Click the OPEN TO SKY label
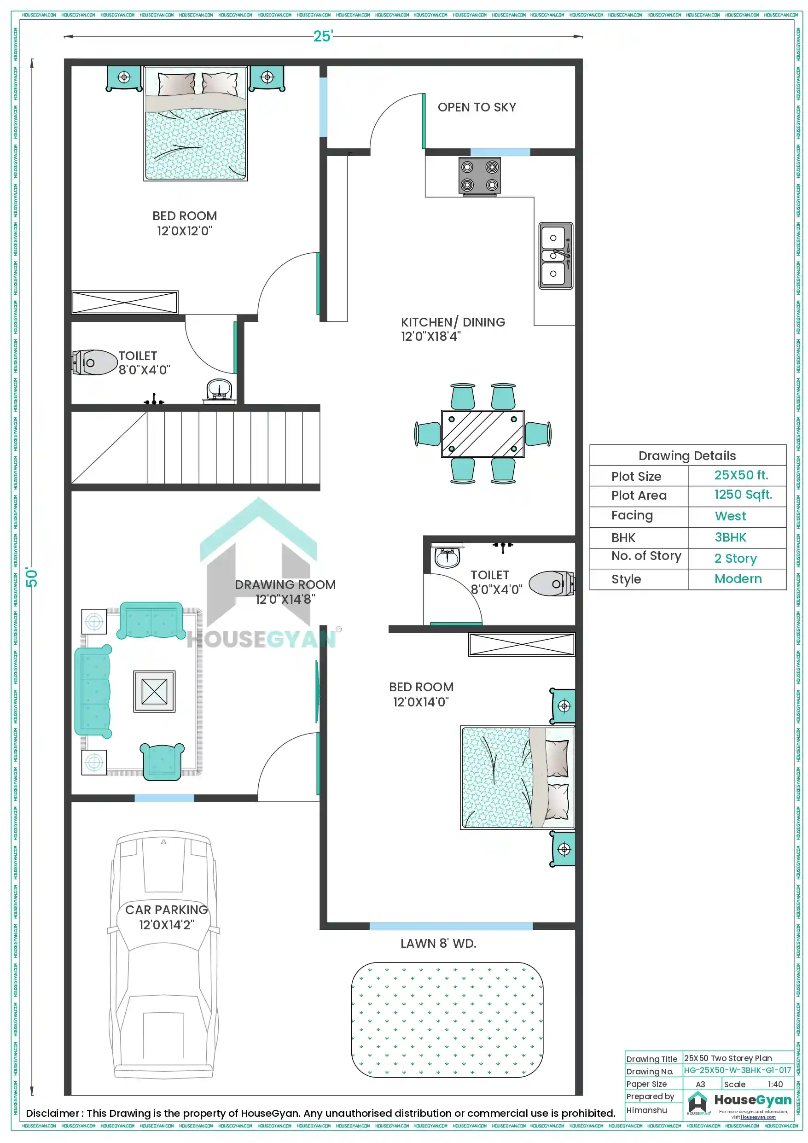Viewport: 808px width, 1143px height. [477, 107]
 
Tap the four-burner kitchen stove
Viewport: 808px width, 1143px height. [479, 176]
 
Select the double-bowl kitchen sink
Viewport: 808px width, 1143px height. [556, 256]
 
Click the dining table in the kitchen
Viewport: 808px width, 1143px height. [482, 433]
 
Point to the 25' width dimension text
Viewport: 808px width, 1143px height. [323, 36]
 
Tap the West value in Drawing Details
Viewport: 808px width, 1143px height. [730, 516]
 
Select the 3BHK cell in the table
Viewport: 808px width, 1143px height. [730, 537]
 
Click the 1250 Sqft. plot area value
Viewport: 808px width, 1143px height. [743, 495]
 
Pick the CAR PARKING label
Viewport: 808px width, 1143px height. [166, 910]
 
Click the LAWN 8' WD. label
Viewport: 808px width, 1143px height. [438, 944]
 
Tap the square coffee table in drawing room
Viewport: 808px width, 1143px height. [154, 692]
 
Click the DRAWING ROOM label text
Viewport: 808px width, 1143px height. [285, 584]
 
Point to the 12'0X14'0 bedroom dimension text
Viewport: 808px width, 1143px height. [421, 702]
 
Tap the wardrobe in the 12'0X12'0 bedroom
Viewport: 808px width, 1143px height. [124, 303]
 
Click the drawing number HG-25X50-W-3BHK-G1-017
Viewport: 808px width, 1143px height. [737, 1070]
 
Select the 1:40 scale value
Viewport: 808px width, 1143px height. [775, 1084]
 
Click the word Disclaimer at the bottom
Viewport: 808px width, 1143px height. [53, 1113]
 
